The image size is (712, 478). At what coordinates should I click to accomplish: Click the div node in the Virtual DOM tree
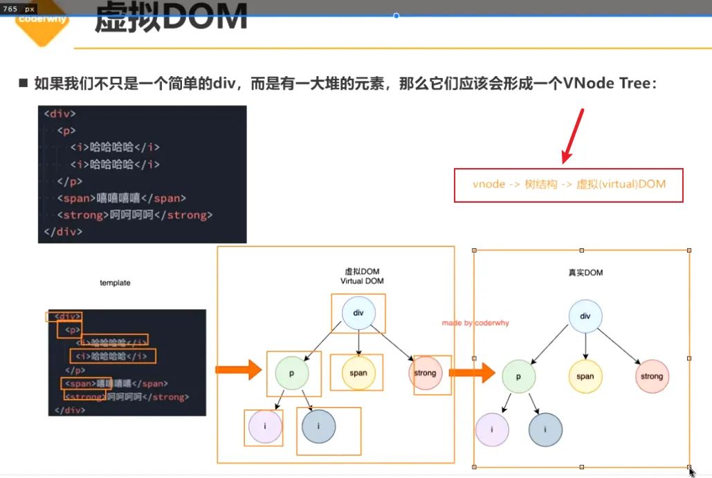pos(358,313)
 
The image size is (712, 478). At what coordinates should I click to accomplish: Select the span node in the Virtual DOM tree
pos(358,373)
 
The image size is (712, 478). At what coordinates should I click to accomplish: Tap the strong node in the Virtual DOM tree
pos(425,373)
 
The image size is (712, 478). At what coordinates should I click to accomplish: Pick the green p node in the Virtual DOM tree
pos(292,373)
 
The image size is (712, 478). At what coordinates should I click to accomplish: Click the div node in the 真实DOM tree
pos(585,316)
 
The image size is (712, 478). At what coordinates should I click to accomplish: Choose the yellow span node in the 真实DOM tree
pos(585,376)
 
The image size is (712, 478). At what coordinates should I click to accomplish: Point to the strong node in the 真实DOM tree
pos(652,376)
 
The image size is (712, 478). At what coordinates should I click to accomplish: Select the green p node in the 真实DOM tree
pos(519,376)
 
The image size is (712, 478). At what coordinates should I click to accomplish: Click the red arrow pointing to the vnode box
pos(574,136)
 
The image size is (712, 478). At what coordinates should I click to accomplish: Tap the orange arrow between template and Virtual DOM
pos(237,371)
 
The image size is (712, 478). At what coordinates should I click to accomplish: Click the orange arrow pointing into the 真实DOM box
pos(472,374)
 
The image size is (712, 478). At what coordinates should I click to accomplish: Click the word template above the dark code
pos(115,283)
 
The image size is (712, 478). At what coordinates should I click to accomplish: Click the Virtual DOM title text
pos(361,277)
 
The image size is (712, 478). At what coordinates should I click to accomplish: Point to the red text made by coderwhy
pos(475,323)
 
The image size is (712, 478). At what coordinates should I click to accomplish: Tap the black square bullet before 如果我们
pos(23,84)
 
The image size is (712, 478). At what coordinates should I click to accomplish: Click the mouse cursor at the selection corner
pos(692,472)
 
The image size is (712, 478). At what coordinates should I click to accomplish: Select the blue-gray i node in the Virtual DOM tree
pos(319,427)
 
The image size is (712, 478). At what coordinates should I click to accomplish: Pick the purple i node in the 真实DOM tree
pos(492,430)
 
